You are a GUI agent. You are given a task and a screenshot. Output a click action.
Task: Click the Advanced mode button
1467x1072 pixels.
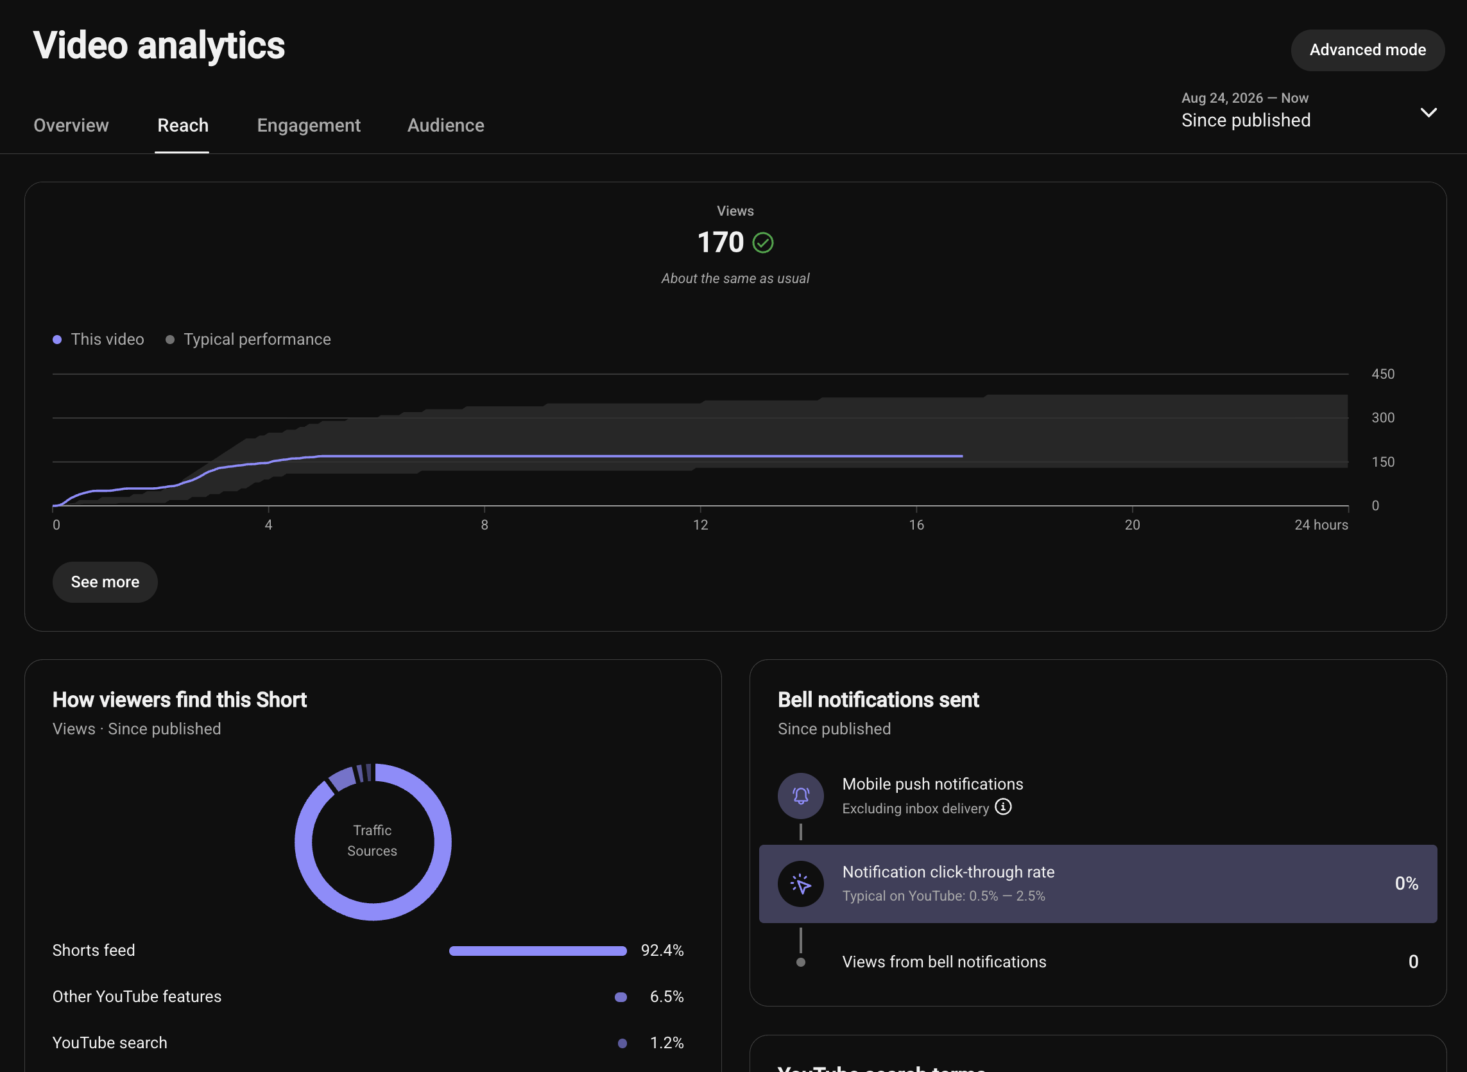point(1367,50)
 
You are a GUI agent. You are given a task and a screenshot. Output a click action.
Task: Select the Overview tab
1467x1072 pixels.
point(71,125)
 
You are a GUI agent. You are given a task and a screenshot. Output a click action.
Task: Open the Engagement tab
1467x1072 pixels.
point(309,125)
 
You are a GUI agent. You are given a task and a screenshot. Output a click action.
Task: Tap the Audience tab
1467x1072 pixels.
point(445,125)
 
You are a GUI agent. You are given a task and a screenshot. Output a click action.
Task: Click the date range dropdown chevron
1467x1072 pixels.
point(1428,112)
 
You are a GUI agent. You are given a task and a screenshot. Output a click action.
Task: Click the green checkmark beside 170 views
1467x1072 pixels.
point(762,243)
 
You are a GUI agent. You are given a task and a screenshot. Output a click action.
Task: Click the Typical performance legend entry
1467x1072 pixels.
point(248,340)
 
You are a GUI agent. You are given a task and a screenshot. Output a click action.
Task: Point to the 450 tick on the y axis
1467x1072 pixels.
point(1383,374)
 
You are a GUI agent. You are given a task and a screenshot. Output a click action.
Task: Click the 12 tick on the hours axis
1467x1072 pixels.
point(700,524)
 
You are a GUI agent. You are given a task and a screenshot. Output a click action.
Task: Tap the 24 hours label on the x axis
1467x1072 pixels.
point(1321,524)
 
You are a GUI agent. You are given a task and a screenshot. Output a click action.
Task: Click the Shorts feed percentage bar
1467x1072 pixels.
point(538,951)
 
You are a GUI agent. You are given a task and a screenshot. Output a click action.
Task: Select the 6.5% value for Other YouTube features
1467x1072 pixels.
point(667,996)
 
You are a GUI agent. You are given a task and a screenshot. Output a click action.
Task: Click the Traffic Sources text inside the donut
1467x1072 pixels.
point(372,840)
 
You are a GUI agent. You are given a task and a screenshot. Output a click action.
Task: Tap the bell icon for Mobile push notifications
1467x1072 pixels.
point(801,795)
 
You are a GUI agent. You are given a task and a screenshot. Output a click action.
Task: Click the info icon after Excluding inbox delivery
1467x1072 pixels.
point(1002,807)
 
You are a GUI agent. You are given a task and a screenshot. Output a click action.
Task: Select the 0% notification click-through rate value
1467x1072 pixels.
point(1406,883)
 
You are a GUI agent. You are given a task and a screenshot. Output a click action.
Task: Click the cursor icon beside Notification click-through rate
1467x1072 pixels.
point(801,884)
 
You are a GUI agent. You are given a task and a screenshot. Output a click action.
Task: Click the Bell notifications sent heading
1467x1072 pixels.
point(878,700)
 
